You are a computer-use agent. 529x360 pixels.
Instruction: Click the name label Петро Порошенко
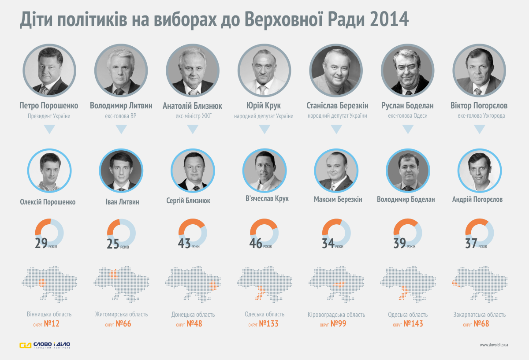coord(49,106)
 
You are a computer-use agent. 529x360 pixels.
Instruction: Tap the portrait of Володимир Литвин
coord(121,71)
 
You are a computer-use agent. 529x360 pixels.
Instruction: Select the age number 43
coord(184,243)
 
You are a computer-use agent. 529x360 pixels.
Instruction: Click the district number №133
coord(268,324)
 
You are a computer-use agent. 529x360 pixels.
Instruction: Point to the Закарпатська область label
coord(479,315)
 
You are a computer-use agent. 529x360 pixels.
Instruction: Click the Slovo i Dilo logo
coord(45,345)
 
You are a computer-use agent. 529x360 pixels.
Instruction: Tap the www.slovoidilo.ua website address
coord(494,345)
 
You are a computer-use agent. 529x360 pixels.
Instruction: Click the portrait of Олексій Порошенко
coord(49,171)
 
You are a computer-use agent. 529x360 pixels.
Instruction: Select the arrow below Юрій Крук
coord(264,129)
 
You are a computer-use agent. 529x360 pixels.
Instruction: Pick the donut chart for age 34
coord(336,233)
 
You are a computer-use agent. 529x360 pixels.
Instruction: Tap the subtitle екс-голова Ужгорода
coord(479,116)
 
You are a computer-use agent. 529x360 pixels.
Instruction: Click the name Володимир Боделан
coord(406,199)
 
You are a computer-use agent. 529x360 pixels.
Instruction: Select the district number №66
coord(123,324)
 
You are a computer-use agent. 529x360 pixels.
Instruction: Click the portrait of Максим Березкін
coord(336,171)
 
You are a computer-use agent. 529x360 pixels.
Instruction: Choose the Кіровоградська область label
coord(336,315)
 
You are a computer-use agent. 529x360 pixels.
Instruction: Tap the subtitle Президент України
coord(49,116)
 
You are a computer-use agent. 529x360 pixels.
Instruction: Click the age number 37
coord(471,243)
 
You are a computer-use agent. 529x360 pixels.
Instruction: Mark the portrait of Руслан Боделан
coord(407,71)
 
